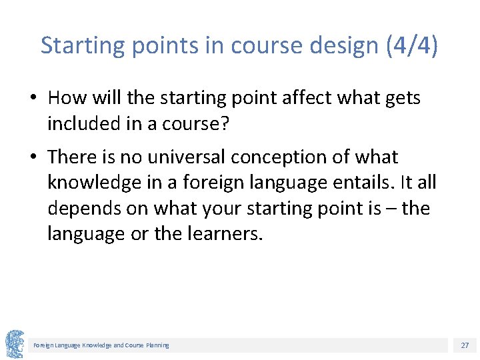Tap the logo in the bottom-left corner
pos(15,344)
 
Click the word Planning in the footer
pos(157,345)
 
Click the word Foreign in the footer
pos(44,345)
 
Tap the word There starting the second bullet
pos(73,157)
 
